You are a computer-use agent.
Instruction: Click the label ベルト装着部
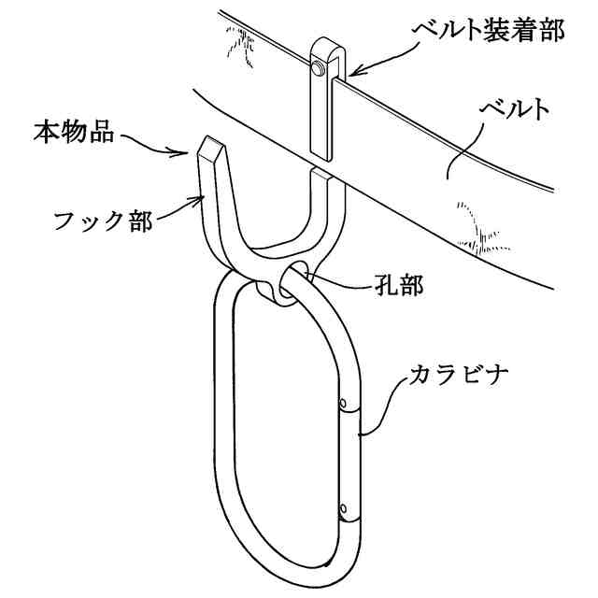coord(488,31)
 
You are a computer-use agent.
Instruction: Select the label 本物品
coord(74,132)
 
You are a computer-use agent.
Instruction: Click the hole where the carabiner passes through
coord(298,278)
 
